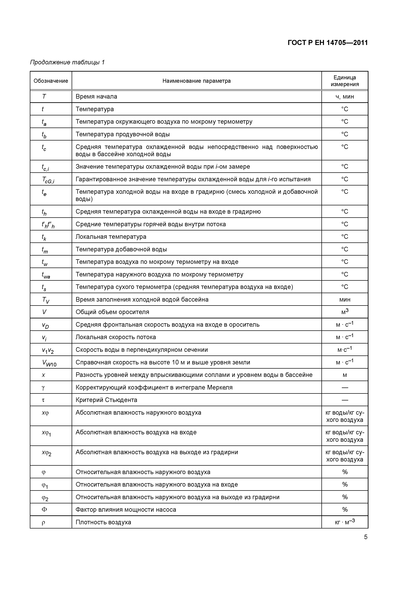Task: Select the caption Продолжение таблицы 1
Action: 67,62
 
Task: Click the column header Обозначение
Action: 51,81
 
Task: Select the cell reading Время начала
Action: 96,97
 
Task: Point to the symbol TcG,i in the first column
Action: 48,180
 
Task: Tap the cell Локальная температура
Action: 111,237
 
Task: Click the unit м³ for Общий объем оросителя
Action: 345,312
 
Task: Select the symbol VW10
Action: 49,363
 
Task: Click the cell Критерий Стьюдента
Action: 106,400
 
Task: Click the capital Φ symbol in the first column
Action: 44,510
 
